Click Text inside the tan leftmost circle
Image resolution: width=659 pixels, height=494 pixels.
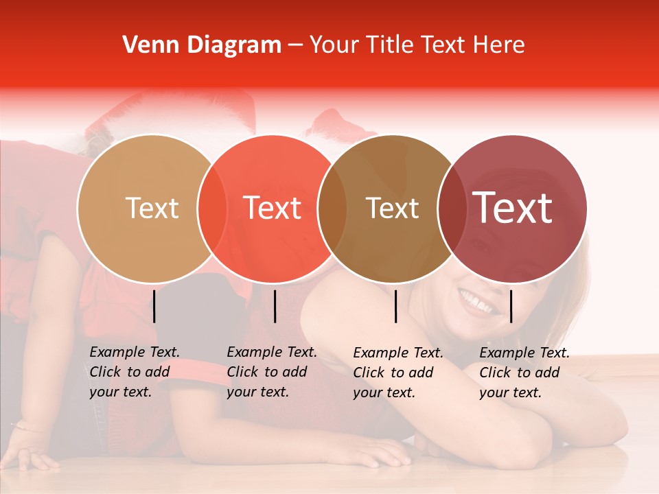point(152,208)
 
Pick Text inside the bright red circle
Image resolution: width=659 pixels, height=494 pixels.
point(273,208)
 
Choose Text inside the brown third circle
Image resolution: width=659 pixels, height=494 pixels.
point(392,208)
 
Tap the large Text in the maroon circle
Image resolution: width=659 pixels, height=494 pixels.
point(513,208)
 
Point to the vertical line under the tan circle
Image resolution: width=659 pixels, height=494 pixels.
point(154,307)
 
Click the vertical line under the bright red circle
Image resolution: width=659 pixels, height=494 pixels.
point(275,307)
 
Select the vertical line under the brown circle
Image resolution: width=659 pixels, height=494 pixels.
point(396,307)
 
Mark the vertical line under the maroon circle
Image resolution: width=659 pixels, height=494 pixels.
point(511,307)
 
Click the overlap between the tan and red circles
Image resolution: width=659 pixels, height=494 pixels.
point(212,208)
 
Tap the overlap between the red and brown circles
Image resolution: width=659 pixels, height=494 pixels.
point(332,208)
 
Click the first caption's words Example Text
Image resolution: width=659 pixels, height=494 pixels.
point(135,352)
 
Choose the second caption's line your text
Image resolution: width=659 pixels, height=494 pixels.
point(257,392)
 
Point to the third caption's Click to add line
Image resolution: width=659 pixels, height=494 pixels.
point(393,373)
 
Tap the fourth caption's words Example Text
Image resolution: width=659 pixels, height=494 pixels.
point(524,353)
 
